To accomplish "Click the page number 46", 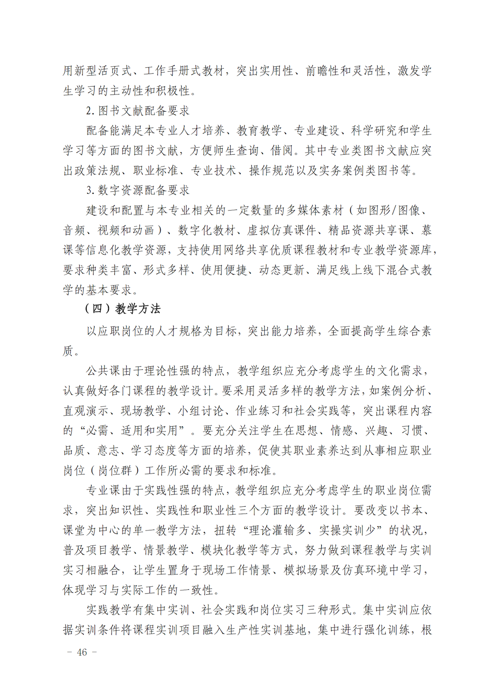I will [x=82, y=653].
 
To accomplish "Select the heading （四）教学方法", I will [x=122, y=309].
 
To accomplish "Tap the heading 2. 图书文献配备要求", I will [x=138, y=111].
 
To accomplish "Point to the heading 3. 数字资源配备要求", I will [x=138, y=190].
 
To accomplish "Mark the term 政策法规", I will [x=98, y=171].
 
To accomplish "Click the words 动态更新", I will [x=282, y=270].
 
